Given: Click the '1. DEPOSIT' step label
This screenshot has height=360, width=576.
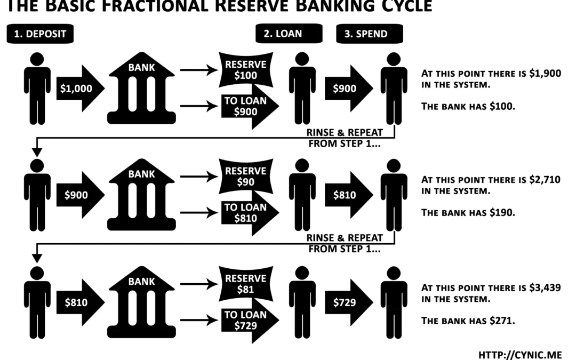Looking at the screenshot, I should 40,34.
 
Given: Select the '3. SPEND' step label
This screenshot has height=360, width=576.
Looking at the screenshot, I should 369,34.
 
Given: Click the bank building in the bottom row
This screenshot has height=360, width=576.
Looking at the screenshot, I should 141,303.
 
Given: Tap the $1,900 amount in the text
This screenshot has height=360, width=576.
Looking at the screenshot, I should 545,74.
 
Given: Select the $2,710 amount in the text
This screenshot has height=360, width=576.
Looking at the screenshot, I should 545,180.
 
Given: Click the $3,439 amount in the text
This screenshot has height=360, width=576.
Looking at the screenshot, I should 545,288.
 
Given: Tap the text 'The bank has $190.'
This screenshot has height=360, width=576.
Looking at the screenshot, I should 468,212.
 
